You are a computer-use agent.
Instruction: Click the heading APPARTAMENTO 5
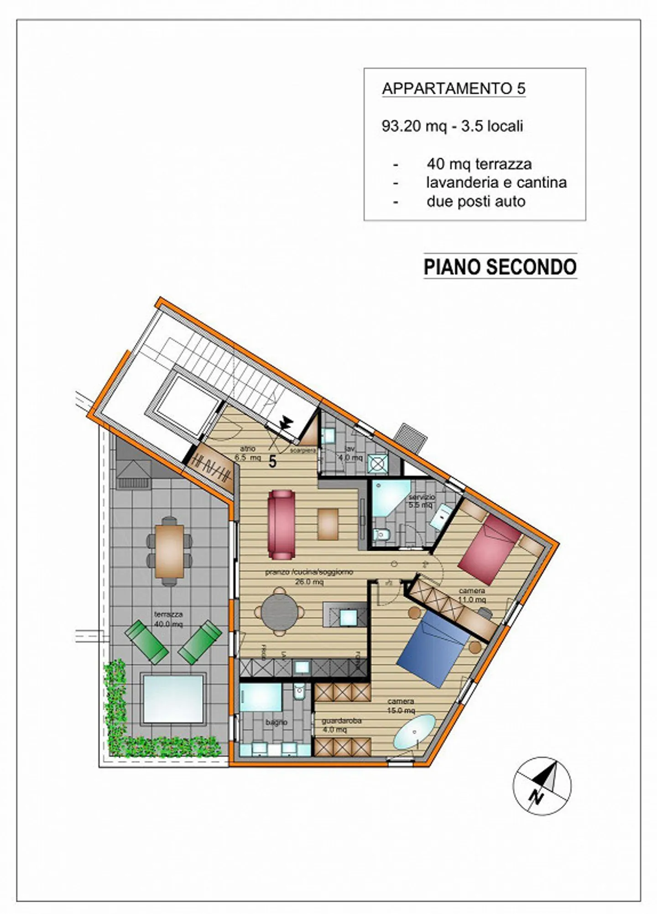tap(454, 88)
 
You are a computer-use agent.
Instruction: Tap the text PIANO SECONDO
tap(500, 267)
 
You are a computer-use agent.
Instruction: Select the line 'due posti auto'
tap(475, 201)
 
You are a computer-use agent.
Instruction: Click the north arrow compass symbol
tap(542, 786)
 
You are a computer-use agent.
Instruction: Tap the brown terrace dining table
tap(169, 551)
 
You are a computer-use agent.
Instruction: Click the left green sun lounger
tap(146, 642)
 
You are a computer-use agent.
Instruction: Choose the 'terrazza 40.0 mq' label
tap(168, 619)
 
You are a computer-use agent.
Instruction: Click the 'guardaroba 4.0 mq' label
tap(341, 725)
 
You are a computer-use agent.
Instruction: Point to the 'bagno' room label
tap(276, 722)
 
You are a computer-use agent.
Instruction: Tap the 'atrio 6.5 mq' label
tap(248, 453)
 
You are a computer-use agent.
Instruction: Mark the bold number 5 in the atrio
tap(272, 461)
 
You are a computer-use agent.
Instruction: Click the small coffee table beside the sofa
tap(328, 524)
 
